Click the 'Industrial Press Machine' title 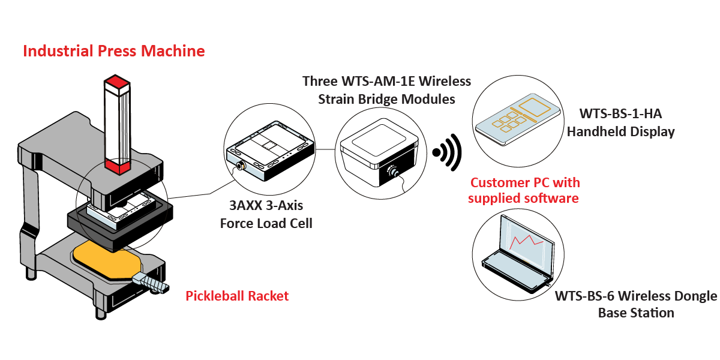click(x=113, y=51)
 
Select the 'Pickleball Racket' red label click(x=237, y=296)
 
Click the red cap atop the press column click(x=117, y=83)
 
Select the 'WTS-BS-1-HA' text click(x=621, y=113)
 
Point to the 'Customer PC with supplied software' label click(x=525, y=190)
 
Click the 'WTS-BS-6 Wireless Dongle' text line click(x=635, y=296)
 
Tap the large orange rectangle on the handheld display click(x=536, y=107)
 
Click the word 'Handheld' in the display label click(x=596, y=131)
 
